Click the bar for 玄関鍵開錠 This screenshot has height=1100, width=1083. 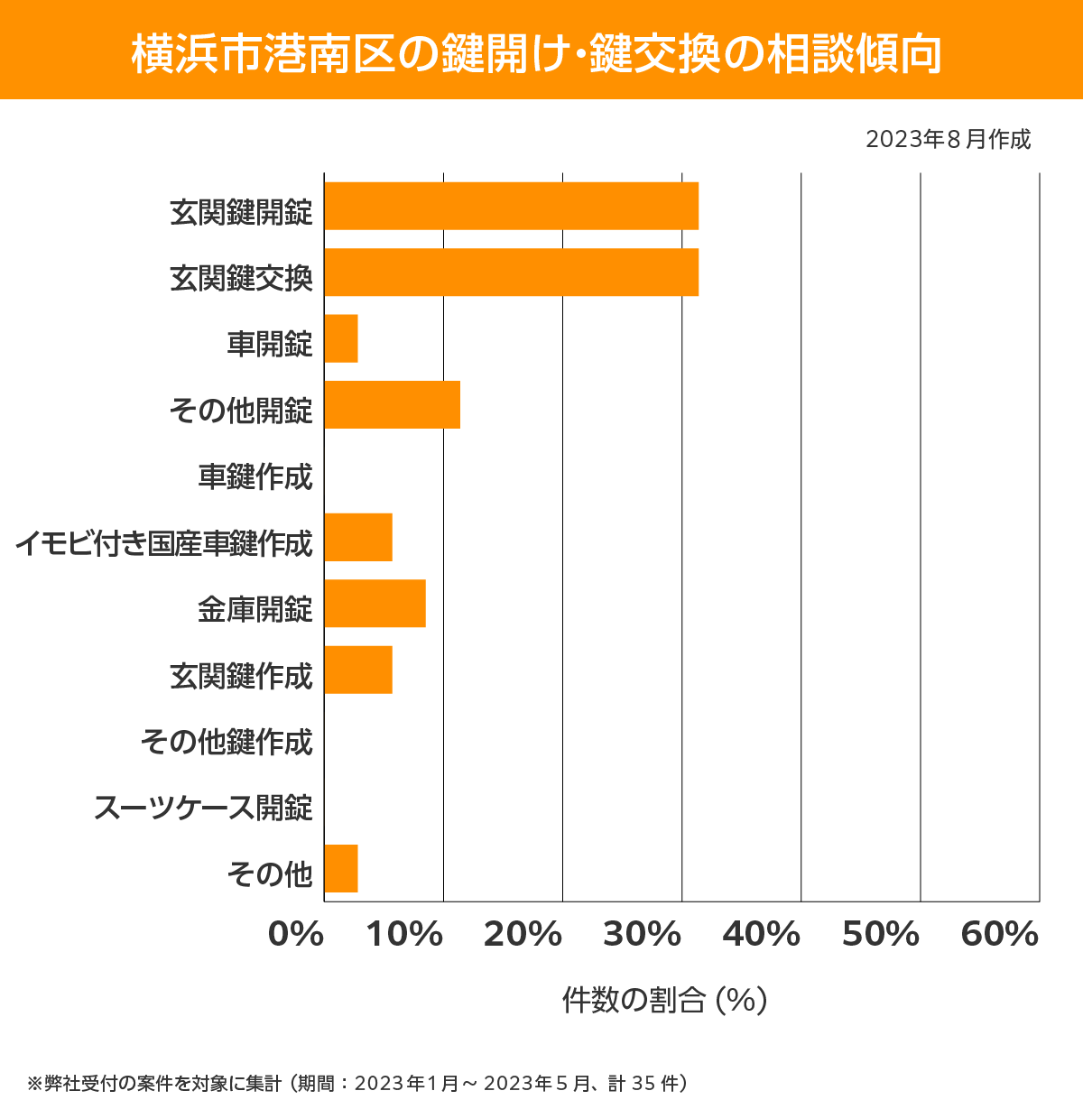[511, 206]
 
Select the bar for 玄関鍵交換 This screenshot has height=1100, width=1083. [511, 272]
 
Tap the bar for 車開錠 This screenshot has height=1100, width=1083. [341, 338]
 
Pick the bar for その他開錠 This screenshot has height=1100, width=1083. [392, 404]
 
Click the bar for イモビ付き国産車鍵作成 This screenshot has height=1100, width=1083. [358, 537]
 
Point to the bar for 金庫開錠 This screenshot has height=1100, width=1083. [375, 603]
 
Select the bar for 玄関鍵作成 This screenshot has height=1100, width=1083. [358, 670]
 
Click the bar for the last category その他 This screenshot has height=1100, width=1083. [341, 868]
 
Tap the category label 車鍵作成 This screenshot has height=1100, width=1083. [255, 476]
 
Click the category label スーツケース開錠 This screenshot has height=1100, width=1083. [203, 807]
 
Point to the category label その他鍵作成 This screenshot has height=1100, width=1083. [227, 741]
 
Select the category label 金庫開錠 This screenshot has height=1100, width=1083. [255, 609]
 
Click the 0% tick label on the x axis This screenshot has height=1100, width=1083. [296, 935]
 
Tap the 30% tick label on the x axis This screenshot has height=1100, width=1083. [642, 935]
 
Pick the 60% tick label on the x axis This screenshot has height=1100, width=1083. [1000, 935]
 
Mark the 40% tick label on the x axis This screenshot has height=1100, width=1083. [761, 935]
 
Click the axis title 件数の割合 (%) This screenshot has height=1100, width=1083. [664, 1000]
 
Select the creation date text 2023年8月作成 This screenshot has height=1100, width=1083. [948, 140]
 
